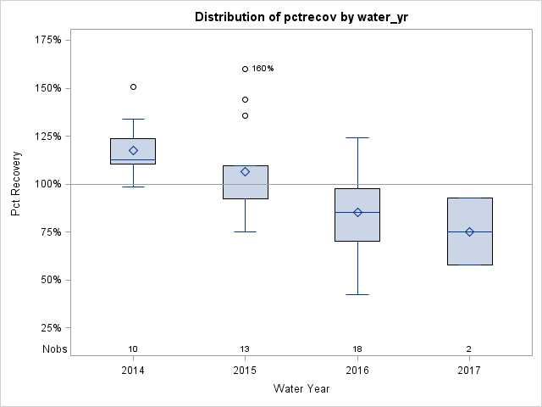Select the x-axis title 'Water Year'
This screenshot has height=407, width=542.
tap(301, 389)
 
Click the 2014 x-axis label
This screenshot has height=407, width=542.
tap(133, 371)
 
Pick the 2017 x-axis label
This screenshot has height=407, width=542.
tap(469, 371)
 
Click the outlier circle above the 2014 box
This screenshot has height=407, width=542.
tap(133, 86)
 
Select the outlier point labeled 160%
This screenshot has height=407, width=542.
tap(245, 69)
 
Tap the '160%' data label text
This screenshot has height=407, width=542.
tap(263, 69)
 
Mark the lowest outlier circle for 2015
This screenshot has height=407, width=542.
tap(245, 115)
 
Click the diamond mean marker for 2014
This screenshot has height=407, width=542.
tap(133, 150)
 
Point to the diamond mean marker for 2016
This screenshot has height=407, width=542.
tap(357, 212)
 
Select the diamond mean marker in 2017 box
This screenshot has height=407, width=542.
tap(469, 231)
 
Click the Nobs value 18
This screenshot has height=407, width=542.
tap(357, 349)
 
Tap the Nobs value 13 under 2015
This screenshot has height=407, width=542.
tap(245, 349)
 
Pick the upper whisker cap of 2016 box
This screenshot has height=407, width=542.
tap(357, 137)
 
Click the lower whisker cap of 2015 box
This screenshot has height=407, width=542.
tap(245, 231)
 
